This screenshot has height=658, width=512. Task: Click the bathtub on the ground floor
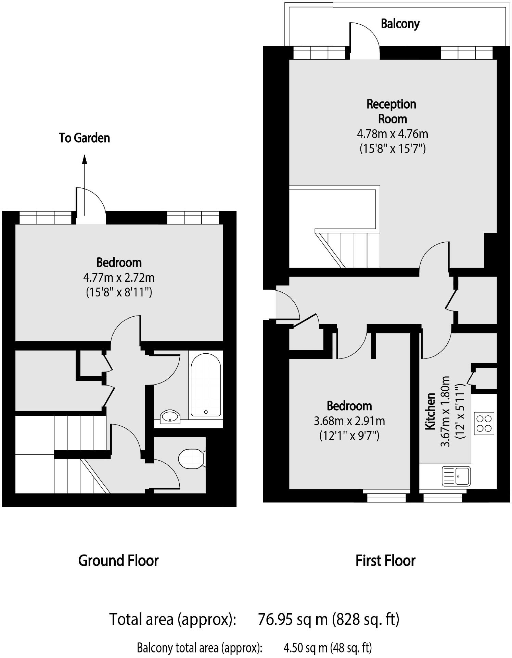tap(205, 385)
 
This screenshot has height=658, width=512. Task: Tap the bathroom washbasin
tap(170, 417)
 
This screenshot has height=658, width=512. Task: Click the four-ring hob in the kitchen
tap(484, 423)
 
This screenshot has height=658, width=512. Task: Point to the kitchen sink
tap(456, 476)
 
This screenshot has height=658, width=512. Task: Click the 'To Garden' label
tap(84, 138)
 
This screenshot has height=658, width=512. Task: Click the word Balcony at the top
tap(400, 24)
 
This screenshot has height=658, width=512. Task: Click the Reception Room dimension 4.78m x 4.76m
tap(392, 134)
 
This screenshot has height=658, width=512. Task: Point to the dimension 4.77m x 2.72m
tap(119, 277)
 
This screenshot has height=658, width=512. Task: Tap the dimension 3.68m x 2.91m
tap(349, 421)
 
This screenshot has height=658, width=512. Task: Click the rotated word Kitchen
tap(430, 411)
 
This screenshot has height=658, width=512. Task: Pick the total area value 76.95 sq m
tap(293, 619)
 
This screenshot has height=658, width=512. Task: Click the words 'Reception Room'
tap(392, 111)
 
